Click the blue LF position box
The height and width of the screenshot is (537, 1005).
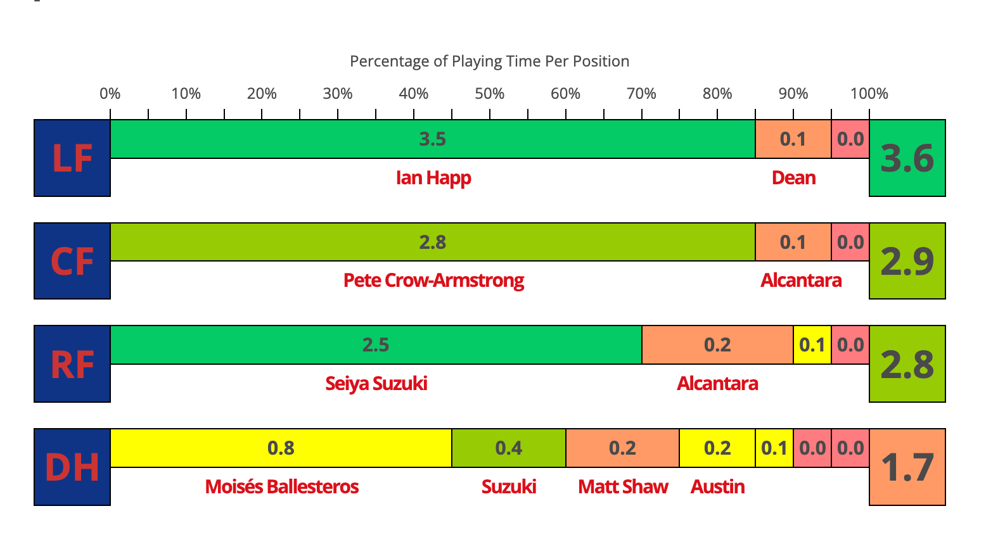tap(72, 158)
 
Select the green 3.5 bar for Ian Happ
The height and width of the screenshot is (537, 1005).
tap(432, 139)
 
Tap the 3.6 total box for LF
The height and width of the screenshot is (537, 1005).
tap(907, 158)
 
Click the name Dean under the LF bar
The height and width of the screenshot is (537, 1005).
tap(793, 178)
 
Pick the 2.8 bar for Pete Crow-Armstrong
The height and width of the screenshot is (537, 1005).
tap(432, 242)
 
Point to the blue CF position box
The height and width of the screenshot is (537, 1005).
tap(72, 261)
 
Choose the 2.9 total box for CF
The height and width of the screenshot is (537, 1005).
tap(907, 261)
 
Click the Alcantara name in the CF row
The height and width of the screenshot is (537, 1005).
tap(801, 281)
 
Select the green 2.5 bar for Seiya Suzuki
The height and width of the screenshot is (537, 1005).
tap(376, 345)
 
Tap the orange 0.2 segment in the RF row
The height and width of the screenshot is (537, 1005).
tap(717, 345)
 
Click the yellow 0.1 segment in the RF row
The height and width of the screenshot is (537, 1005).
tap(812, 345)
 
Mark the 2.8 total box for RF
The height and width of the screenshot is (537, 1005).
tap(907, 364)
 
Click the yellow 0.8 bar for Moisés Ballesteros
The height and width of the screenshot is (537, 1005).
tap(281, 448)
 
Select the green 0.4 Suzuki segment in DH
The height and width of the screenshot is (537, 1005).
tap(508, 448)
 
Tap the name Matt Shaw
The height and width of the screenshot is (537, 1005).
tap(623, 487)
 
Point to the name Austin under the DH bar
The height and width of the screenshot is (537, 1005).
tap(717, 487)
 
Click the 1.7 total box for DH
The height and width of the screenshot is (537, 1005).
tap(907, 467)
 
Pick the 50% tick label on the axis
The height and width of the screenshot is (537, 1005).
tap(489, 94)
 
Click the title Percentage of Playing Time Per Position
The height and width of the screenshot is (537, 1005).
tap(489, 61)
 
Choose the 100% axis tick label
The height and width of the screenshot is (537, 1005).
tap(869, 94)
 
